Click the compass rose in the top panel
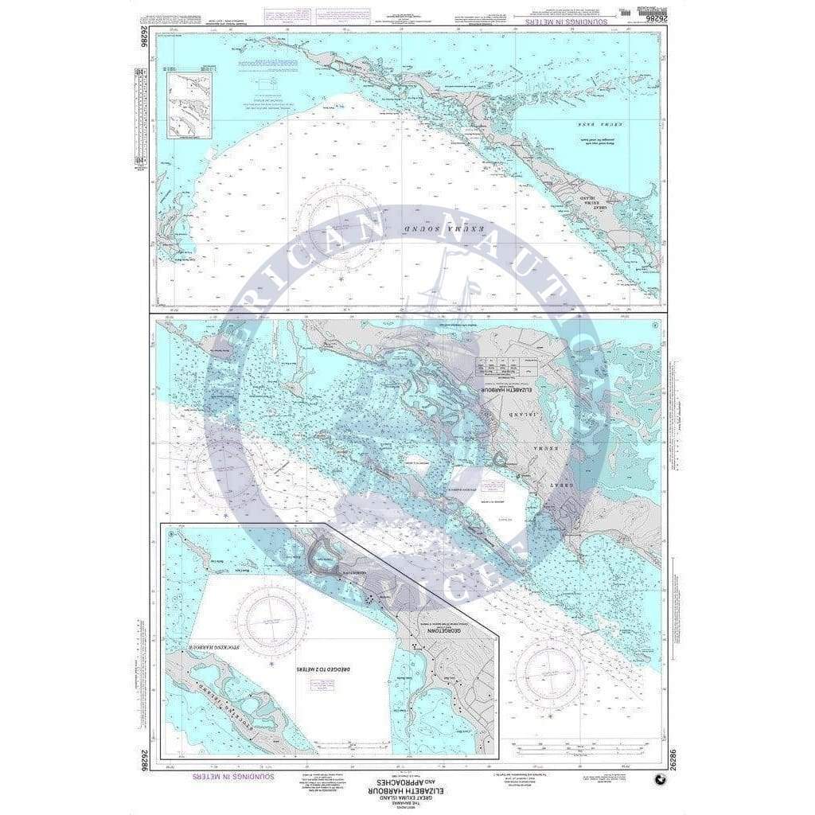(341, 213)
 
